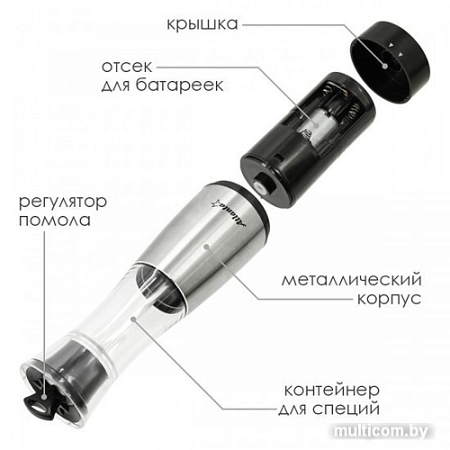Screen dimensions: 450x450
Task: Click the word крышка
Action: tap(202, 24)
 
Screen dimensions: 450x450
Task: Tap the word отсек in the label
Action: tap(127, 67)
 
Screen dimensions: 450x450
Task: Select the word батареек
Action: tap(179, 85)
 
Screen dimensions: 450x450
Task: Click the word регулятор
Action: tap(63, 202)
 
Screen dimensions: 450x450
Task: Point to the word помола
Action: tap(55, 220)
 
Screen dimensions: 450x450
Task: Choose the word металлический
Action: tap(352, 280)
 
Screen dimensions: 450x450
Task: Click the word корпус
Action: tap(389, 299)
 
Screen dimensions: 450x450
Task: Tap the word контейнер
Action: tap(332, 390)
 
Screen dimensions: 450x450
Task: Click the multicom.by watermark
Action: tap(381, 432)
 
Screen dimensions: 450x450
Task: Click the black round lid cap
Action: tap(390, 61)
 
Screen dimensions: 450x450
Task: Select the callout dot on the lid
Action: tap(385, 66)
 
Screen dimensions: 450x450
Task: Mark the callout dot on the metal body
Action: tap(206, 247)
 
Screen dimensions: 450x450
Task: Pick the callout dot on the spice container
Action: tap(134, 319)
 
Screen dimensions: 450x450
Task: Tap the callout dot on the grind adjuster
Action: tap(44, 397)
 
